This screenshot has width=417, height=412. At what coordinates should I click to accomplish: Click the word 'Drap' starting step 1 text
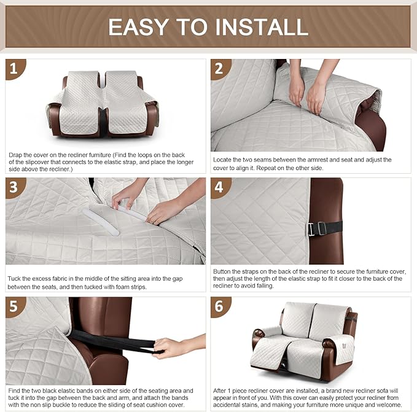[16, 155]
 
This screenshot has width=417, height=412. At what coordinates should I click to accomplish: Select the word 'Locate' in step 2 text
[223, 160]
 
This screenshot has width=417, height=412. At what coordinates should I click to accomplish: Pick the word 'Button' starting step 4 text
[224, 271]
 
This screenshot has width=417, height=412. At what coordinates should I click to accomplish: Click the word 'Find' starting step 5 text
[15, 390]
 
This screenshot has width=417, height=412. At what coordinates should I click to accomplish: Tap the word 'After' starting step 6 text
[222, 390]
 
